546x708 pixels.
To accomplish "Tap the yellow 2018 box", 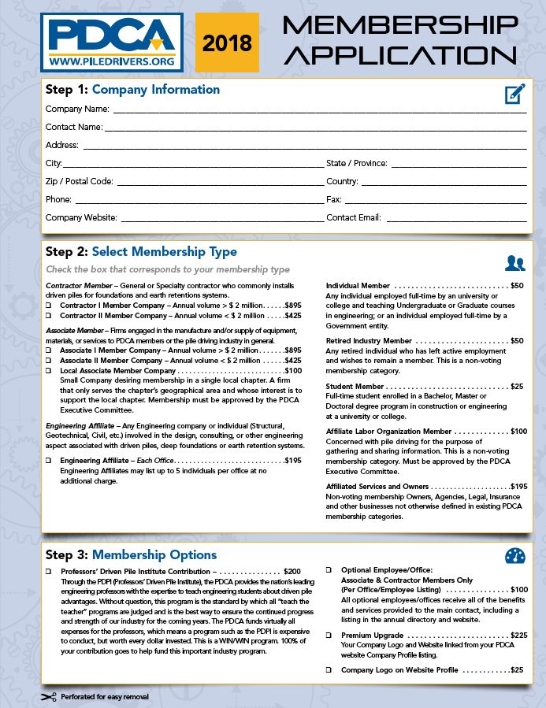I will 227,41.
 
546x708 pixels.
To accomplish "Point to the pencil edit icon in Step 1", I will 514,95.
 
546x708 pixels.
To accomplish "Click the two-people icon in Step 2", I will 514,263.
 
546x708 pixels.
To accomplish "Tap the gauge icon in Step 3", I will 514,556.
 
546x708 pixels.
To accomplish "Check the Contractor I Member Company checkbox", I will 49,305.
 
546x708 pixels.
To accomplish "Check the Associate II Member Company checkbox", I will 49,361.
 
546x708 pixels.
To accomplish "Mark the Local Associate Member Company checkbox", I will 49,371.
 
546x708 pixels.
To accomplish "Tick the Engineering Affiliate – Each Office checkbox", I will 49,461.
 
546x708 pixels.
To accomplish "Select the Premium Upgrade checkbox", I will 329,635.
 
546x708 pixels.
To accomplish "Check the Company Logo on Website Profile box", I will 329,670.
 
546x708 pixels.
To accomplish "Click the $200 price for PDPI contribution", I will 292,570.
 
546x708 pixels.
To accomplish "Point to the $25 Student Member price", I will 517,387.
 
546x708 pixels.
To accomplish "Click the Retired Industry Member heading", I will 369,341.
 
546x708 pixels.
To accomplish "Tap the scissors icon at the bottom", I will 49,697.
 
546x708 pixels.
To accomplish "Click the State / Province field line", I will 459,165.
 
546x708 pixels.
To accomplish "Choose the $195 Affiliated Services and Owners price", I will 518,487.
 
